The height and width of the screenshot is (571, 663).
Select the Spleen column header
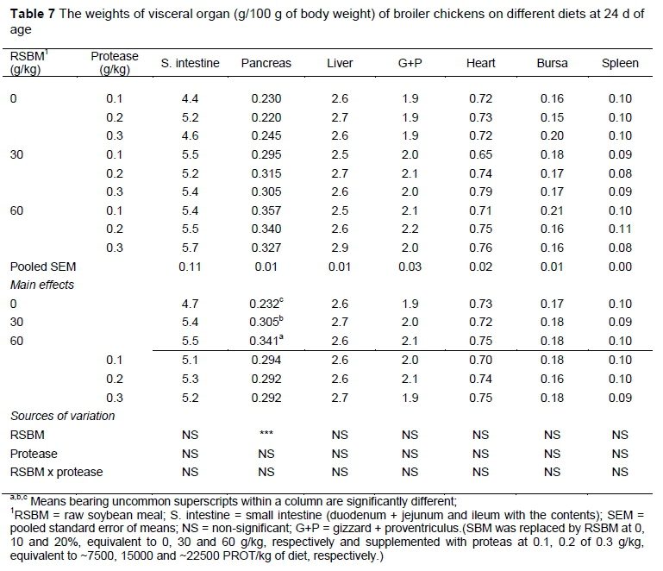pyautogui.click(x=620, y=63)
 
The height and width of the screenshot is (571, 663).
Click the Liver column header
pyautogui.click(x=340, y=63)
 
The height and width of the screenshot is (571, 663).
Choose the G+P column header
pyautogui.click(x=410, y=63)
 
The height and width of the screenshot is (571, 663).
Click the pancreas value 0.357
pyautogui.click(x=266, y=210)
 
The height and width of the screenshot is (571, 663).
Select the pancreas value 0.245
pyautogui.click(x=266, y=135)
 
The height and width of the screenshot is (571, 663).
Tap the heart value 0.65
pyautogui.click(x=480, y=154)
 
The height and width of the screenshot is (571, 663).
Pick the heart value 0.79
pyautogui.click(x=480, y=191)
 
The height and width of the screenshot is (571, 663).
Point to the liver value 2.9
pyautogui.click(x=340, y=247)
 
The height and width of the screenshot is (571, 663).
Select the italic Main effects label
pyautogui.click(x=42, y=284)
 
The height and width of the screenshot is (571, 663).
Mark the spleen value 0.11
pyautogui.click(x=620, y=229)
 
